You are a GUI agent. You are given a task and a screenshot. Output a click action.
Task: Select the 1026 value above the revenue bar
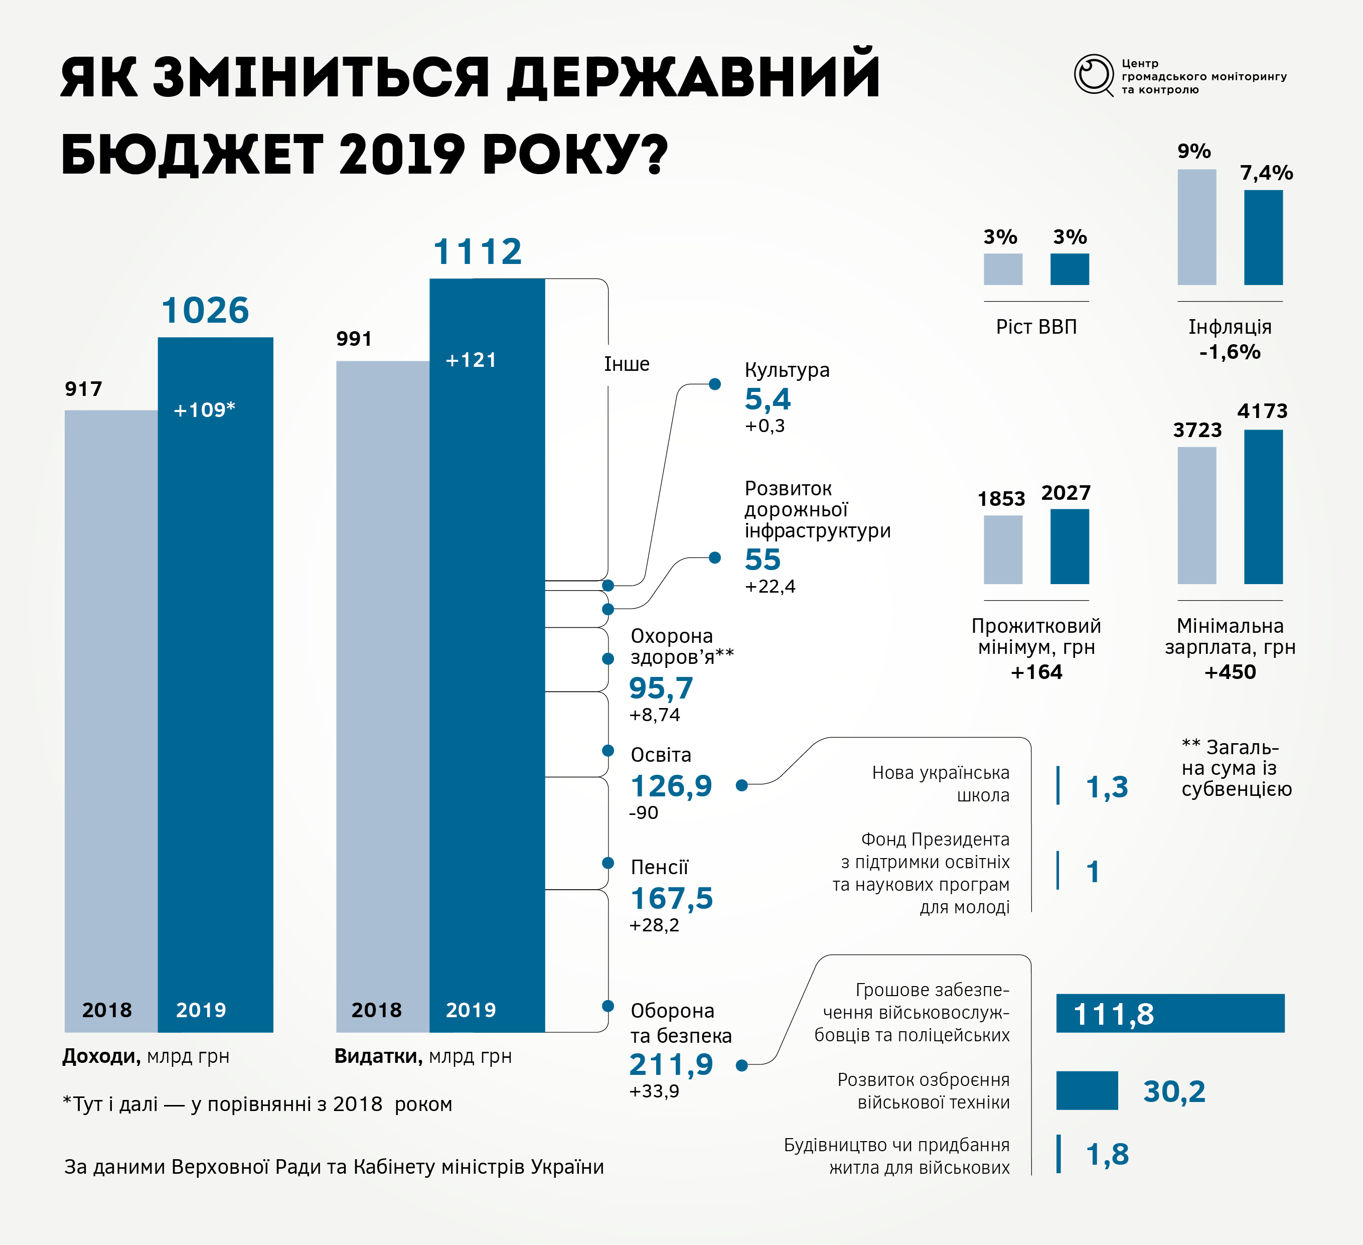pyautogui.click(x=205, y=311)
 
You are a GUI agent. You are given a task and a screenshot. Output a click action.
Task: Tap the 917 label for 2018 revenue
pyautogui.click(x=83, y=389)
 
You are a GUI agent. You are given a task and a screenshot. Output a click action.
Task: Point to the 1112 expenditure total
pyautogui.click(x=477, y=251)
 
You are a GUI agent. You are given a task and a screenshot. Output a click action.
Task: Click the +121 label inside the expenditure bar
pyautogui.click(x=471, y=360)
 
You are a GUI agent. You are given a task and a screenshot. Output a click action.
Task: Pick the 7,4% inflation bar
pyautogui.click(x=1263, y=237)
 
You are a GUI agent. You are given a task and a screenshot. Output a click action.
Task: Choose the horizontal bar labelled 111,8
pyautogui.click(x=1170, y=1013)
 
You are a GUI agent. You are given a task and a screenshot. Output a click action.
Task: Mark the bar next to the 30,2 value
pyautogui.click(x=1087, y=1090)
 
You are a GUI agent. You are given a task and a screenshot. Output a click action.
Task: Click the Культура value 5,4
pyautogui.click(x=768, y=399)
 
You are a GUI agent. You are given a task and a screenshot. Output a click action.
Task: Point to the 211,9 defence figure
pyautogui.click(x=671, y=1064)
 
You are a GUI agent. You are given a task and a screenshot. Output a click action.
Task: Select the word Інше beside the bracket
pyautogui.click(x=626, y=364)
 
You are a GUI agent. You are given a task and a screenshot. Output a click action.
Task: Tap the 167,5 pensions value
pyautogui.click(x=671, y=898)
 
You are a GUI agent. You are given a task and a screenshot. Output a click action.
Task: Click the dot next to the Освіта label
pyautogui.click(x=608, y=751)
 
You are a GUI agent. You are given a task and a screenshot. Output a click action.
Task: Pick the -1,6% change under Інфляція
pyautogui.click(x=1229, y=352)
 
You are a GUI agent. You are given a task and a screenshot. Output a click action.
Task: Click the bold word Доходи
pyautogui.click(x=101, y=1056)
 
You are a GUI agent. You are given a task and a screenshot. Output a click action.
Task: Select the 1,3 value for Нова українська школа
pyautogui.click(x=1107, y=786)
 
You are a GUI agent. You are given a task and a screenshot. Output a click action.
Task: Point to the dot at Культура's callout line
pyautogui.click(x=715, y=384)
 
